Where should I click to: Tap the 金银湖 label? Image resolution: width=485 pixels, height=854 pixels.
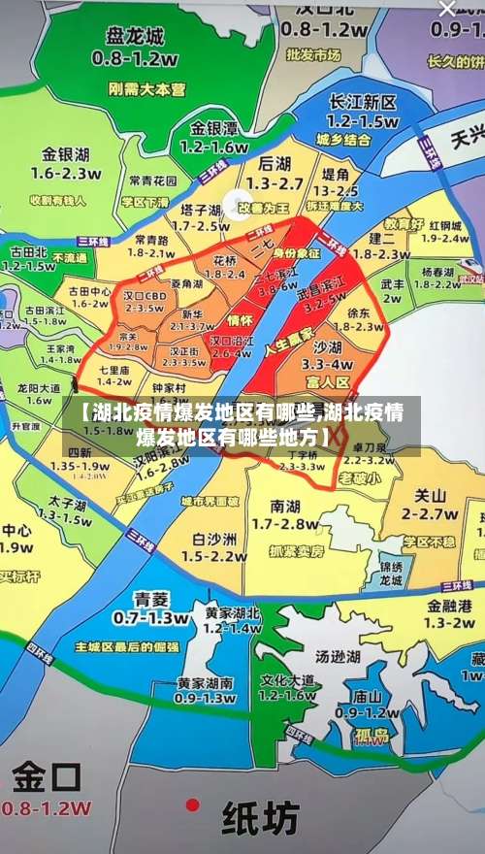66,153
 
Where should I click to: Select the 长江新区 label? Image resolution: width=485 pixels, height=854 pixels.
362,103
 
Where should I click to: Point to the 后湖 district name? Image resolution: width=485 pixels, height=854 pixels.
275,163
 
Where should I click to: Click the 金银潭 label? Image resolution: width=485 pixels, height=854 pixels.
214,128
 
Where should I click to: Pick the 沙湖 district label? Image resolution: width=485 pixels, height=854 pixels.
327,345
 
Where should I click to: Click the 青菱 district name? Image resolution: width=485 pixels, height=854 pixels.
150,599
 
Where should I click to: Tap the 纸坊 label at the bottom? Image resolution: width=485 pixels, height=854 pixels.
261,820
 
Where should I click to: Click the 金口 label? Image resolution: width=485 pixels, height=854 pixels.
47,777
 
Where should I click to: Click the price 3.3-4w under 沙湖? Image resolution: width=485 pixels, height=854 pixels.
327,364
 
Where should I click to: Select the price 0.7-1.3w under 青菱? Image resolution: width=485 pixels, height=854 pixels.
150,617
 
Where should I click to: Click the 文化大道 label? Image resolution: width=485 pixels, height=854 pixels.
288,678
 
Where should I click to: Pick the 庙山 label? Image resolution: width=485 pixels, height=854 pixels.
366,695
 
